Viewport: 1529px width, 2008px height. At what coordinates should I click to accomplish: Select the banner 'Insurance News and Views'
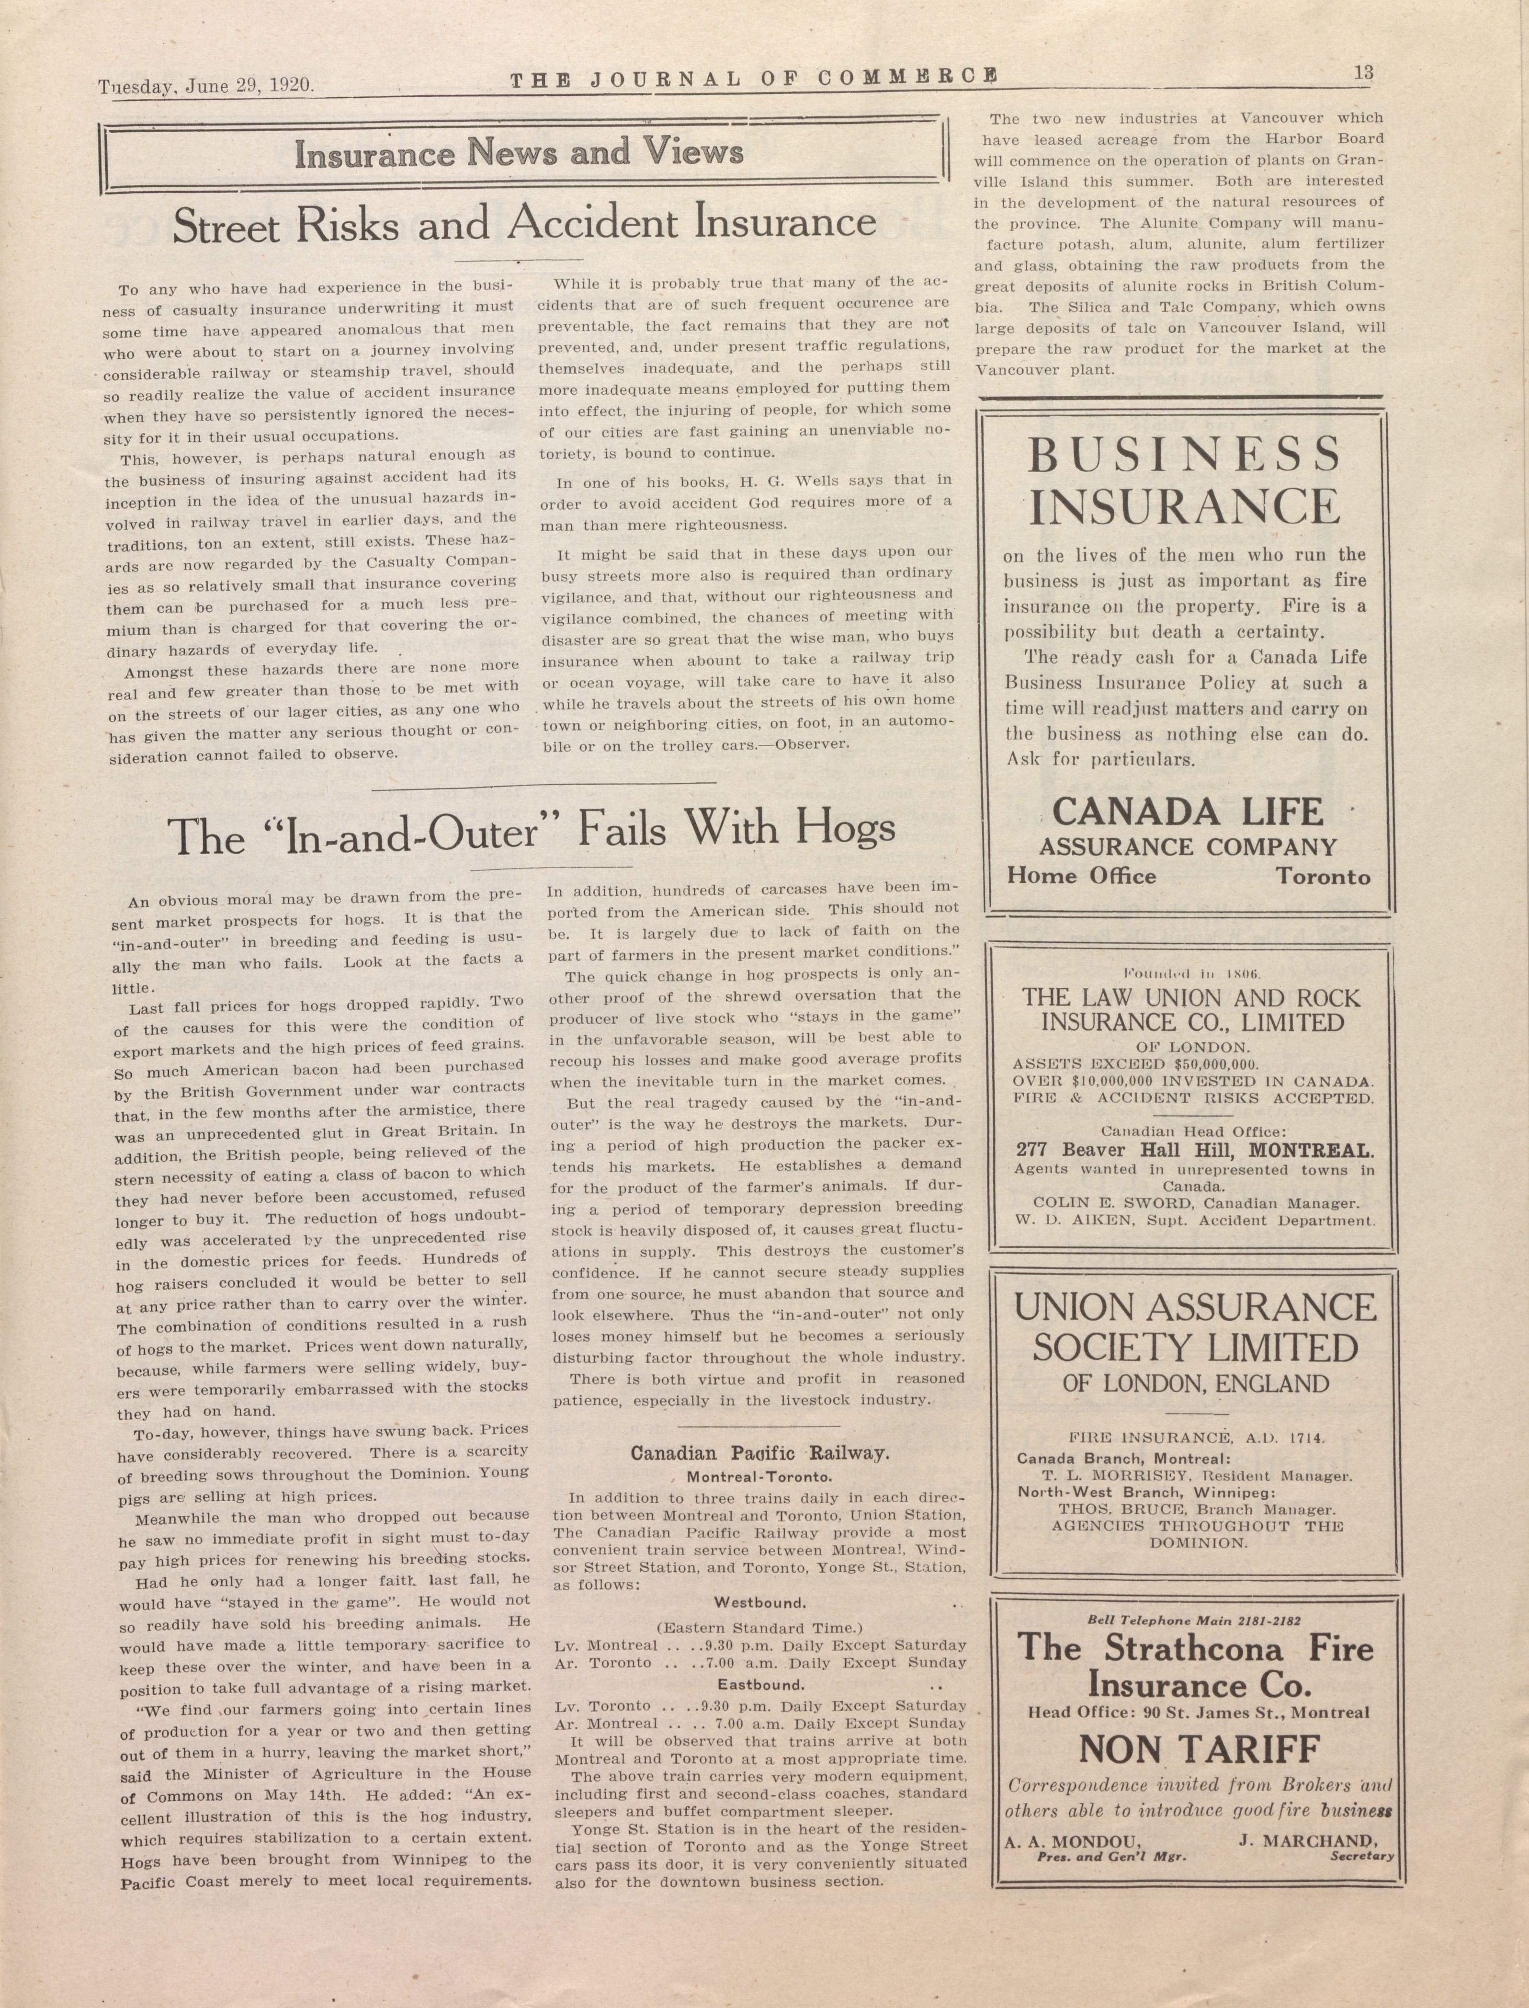pyautogui.click(x=519, y=153)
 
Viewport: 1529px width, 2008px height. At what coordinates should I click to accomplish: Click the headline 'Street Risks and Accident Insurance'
pyautogui.click(x=524, y=224)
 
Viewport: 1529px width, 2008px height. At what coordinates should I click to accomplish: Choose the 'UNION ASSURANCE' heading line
pyautogui.click(x=1195, y=1308)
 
